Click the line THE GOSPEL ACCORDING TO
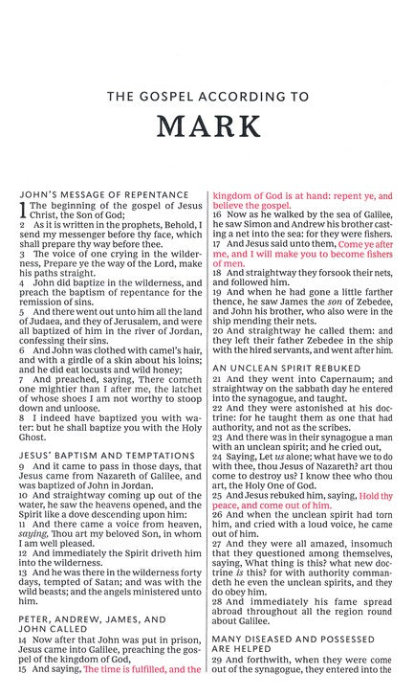[x=207, y=96]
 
